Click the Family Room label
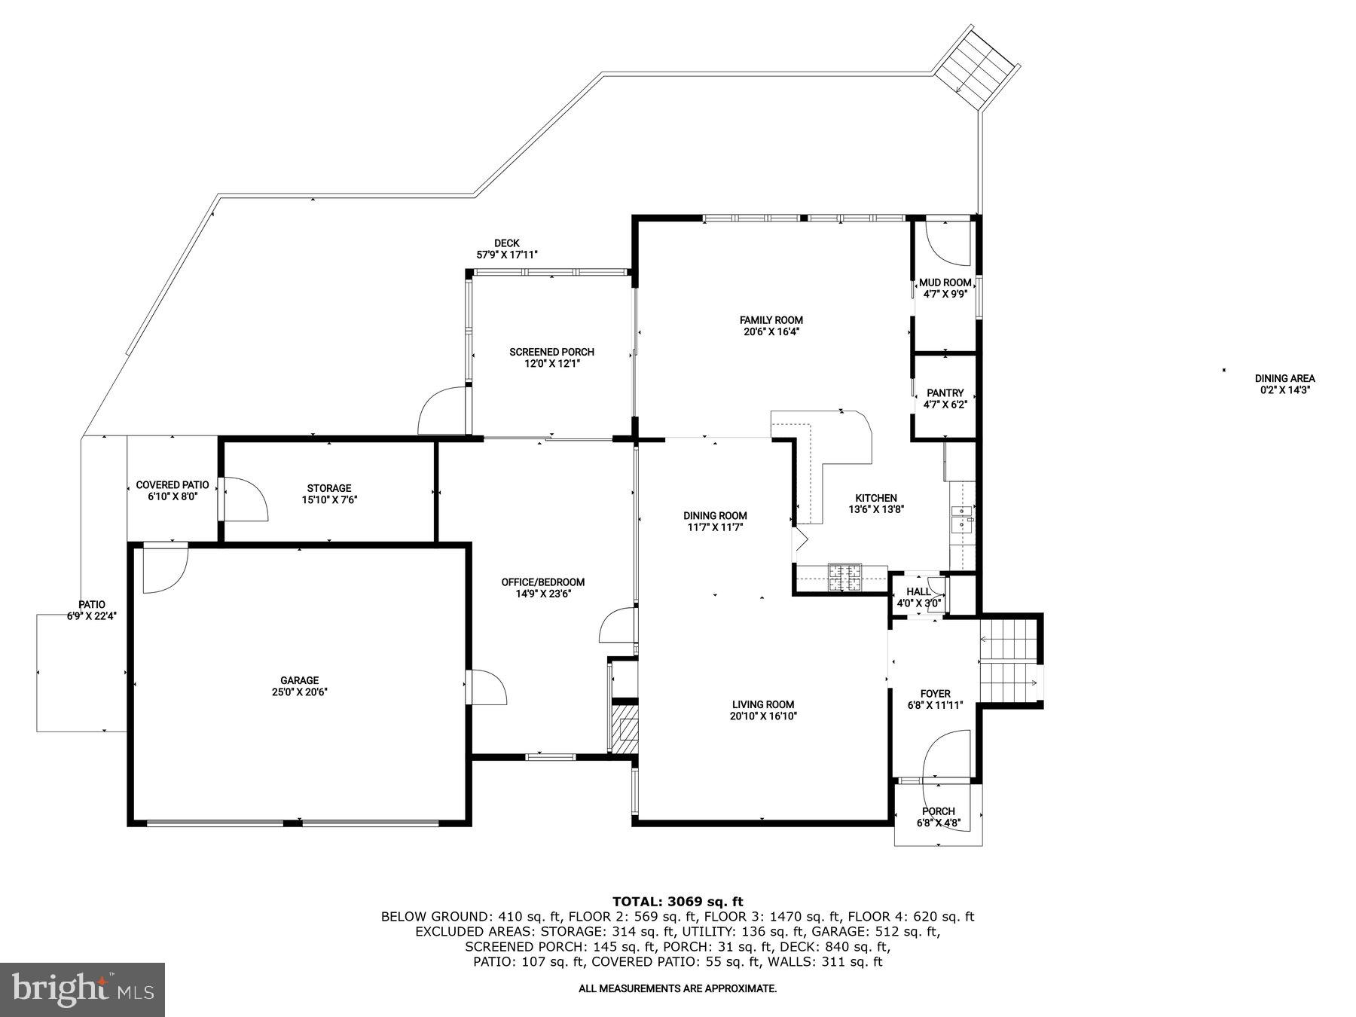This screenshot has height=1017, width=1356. click(x=771, y=320)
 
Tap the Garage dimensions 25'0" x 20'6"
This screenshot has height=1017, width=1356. click(x=300, y=692)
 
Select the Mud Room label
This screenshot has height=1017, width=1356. click(x=945, y=282)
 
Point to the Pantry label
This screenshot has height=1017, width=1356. click(x=945, y=393)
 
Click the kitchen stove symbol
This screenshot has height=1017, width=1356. click(x=844, y=577)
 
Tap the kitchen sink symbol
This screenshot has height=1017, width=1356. click(x=962, y=519)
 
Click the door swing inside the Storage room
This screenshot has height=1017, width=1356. click(x=245, y=499)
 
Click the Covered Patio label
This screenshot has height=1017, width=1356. click(x=173, y=485)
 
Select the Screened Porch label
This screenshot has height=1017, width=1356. click(x=551, y=352)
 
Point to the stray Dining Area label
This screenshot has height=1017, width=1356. click(x=1284, y=379)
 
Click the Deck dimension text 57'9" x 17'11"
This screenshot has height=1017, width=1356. click(x=506, y=255)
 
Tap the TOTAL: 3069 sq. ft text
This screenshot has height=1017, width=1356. click(x=677, y=901)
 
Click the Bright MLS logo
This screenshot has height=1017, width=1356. click(x=82, y=989)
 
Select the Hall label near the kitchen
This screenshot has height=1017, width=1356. click(x=918, y=592)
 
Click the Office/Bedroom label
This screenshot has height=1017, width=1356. click(x=542, y=582)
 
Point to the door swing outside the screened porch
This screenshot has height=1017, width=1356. click(x=443, y=411)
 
